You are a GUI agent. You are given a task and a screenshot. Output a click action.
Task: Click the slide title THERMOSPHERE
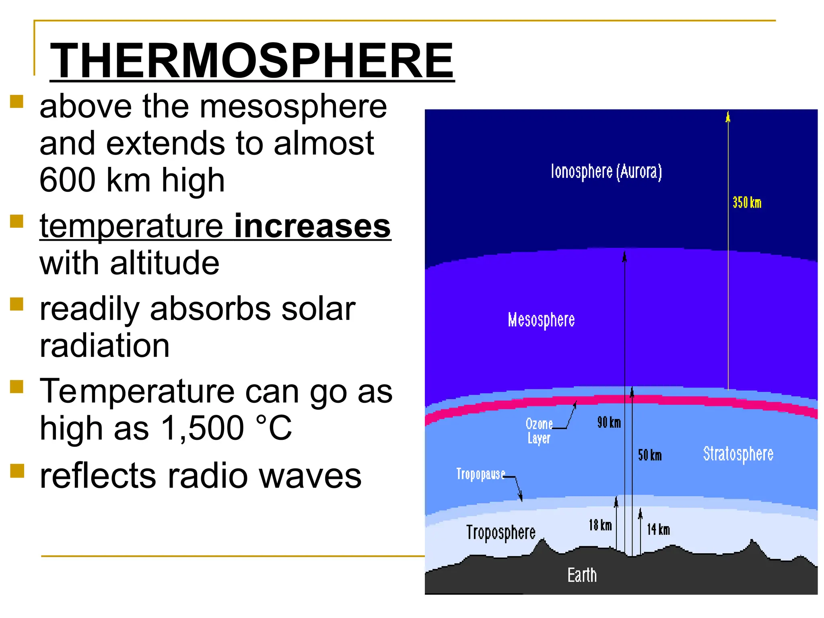pos(252,61)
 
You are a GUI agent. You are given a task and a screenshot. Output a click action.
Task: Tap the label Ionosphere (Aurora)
pos(606,172)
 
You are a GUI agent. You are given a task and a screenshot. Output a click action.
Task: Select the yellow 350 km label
pos(747,202)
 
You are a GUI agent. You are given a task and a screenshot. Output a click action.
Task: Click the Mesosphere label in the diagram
pos(541,320)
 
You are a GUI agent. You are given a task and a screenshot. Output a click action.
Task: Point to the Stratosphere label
pos(738,454)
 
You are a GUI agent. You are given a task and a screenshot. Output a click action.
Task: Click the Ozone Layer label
pos(539,431)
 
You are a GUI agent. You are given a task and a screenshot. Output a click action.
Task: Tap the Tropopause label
pos(480,474)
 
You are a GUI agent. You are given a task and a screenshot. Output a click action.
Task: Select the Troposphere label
pos(501,533)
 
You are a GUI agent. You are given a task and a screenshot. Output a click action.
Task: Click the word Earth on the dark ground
pos(582,575)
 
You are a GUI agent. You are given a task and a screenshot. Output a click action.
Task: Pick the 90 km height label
pos(609,422)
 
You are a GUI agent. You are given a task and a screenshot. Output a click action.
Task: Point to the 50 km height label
pos(649,455)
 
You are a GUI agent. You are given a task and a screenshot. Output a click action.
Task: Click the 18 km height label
pos(600,525)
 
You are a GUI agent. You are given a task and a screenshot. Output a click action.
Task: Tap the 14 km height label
pos(658,529)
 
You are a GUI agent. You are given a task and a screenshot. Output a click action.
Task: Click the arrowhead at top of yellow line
pos(727,117)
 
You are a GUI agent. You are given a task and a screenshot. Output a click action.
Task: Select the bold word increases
pos(312,226)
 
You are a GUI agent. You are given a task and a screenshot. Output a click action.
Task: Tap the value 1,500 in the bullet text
pos(202,428)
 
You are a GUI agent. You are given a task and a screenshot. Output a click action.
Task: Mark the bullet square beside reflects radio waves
pos(17,470)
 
